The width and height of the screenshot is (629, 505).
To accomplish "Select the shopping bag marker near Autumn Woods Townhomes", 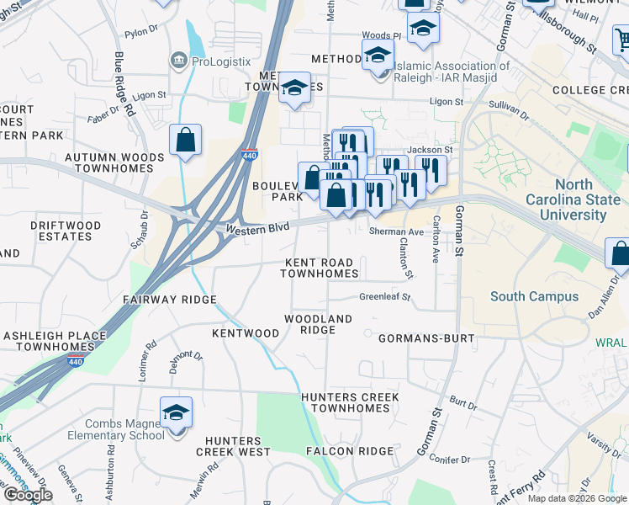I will (185, 141).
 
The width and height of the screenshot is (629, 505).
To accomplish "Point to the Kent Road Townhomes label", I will (319, 268).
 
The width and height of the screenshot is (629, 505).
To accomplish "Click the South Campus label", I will (534, 296).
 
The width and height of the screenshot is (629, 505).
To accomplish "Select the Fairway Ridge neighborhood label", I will (169, 300).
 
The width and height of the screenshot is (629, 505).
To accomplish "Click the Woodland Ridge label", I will (318, 324).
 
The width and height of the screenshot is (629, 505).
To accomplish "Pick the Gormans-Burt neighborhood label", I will (426, 338).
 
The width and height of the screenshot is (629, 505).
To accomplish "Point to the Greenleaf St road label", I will (384, 297).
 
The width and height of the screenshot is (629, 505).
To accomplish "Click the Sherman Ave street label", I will (396, 231).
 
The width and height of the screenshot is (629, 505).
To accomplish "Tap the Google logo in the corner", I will (28, 495).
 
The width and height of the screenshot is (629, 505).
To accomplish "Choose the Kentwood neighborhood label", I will (246, 333).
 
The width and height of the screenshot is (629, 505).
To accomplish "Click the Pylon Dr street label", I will (140, 35).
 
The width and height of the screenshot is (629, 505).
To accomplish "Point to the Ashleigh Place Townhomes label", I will (55, 341).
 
